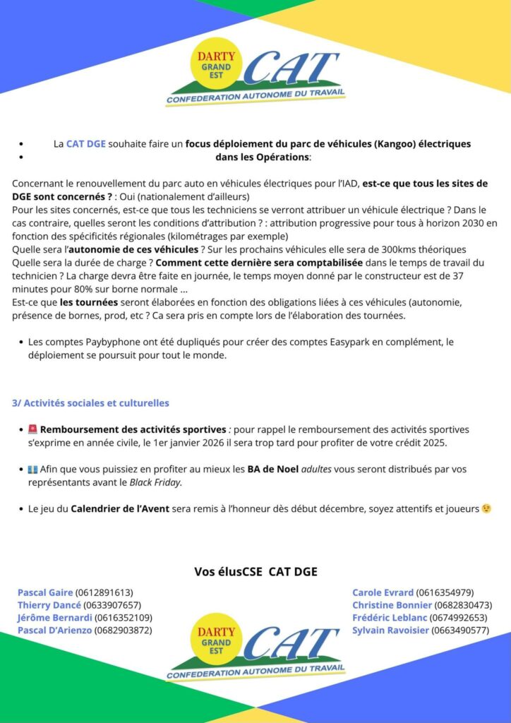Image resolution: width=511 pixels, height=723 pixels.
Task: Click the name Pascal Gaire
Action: [x=45, y=592]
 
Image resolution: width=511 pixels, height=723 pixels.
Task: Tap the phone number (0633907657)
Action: [x=112, y=605]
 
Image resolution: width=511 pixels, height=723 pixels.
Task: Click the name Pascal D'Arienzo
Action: [x=54, y=630]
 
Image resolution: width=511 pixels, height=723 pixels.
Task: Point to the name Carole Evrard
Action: [x=383, y=592]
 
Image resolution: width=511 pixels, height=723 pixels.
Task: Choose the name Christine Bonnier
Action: [x=392, y=605]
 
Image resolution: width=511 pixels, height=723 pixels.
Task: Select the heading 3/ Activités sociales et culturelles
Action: [x=90, y=403]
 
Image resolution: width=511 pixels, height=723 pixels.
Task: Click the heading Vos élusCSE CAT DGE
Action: [x=255, y=571]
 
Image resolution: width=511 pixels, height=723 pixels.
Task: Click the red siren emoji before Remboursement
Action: [x=32, y=429]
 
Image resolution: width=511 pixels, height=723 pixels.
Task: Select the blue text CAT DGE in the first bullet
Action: [x=86, y=144]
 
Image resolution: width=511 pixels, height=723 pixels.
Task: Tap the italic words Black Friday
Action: [x=155, y=482]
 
